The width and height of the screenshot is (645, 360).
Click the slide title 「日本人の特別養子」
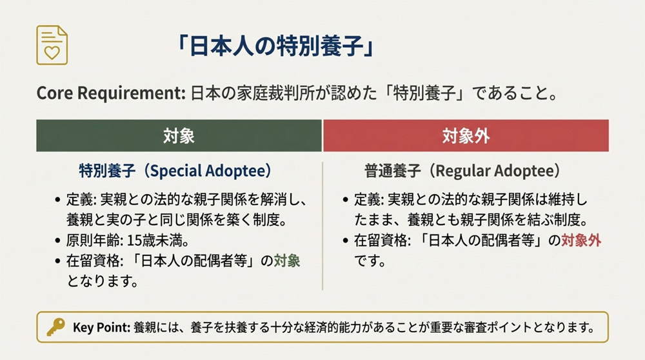click(275, 48)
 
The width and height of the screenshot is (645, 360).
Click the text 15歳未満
click(146, 243)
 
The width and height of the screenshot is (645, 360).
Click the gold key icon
click(55, 327)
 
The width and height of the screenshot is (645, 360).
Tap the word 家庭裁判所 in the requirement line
click(266, 93)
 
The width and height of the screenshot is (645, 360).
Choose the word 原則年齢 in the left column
click(90, 243)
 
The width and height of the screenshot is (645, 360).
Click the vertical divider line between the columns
click(322, 226)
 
